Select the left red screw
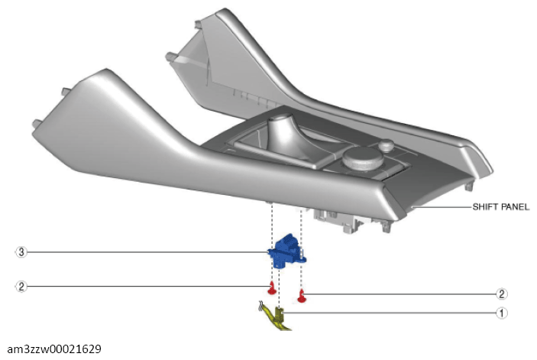[x=271, y=288]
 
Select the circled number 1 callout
[x=502, y=312]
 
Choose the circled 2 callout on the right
[x=502, y=294]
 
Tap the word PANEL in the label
[x=516, y=207]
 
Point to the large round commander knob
[x=363, y=159]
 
